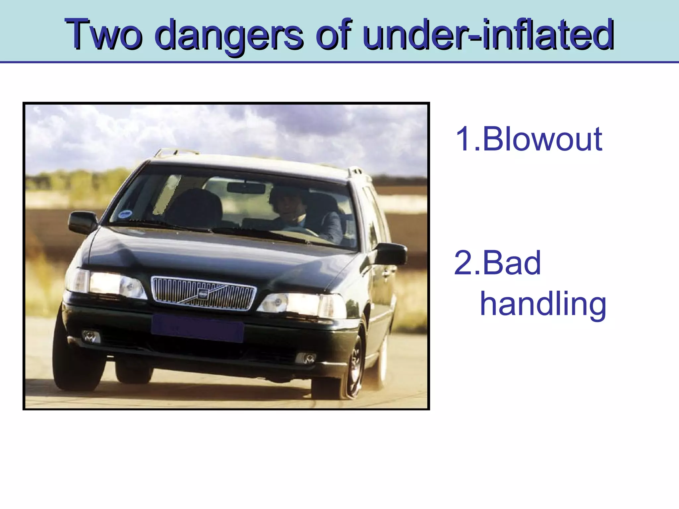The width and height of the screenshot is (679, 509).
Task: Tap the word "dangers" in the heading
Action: [229, 35]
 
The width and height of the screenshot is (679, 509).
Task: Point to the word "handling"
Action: [543, 304]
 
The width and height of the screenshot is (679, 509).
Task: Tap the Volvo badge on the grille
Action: [203, 293]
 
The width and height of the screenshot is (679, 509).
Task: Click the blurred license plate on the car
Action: [197, 328]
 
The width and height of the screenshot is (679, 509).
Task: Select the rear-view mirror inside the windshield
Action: [246, 188]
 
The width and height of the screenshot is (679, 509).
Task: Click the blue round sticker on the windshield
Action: [124, 214]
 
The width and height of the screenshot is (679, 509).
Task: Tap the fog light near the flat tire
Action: [306, 358]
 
